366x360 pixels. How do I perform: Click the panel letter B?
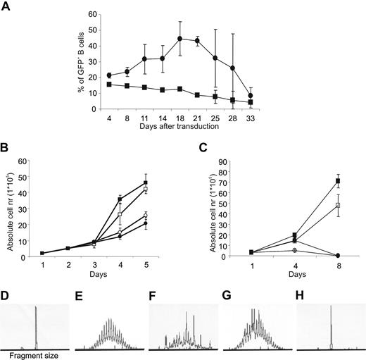point(6,149)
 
